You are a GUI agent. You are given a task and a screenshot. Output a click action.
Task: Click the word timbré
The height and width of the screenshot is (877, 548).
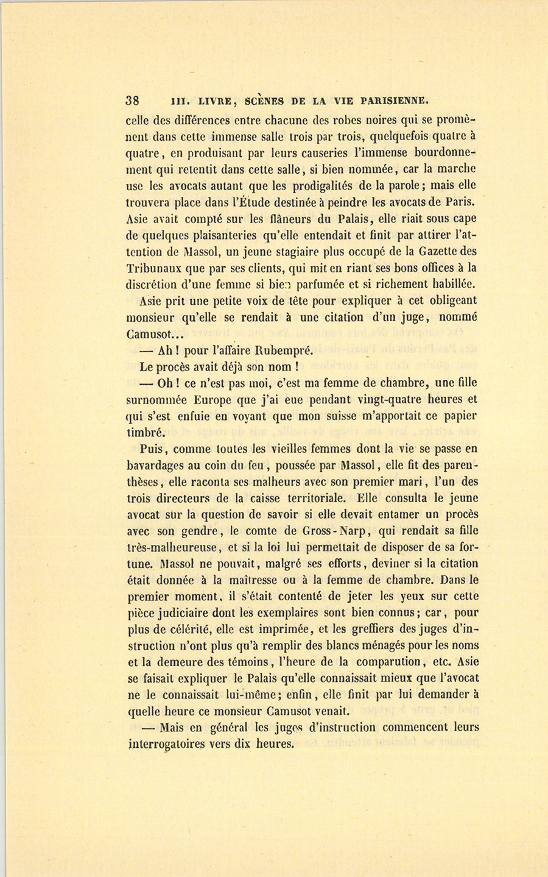coord(145,433)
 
